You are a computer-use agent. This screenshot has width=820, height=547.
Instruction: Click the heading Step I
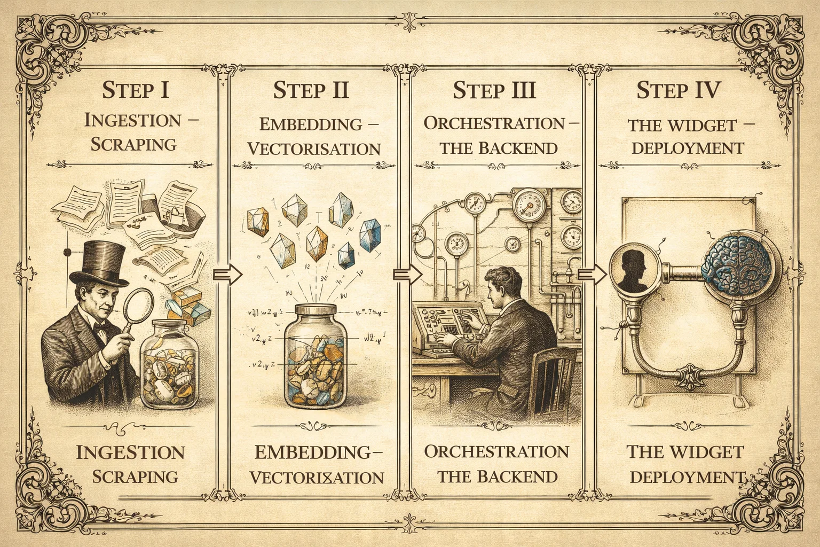click(136, 90)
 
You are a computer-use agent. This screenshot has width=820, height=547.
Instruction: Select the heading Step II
click(311, 90)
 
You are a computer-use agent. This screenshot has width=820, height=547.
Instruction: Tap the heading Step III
click(494, 90)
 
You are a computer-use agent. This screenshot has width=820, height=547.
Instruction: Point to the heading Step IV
click(679, 90)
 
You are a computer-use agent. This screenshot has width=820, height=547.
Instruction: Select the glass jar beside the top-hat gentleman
click(169, 364)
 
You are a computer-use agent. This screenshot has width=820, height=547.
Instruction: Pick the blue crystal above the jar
click(370, 235)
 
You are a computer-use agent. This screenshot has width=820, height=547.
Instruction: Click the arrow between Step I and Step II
click(228, 274)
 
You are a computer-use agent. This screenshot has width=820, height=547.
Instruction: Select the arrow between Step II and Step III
click(407, 274)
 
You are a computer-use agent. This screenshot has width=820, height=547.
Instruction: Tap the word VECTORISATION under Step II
click(314, 149)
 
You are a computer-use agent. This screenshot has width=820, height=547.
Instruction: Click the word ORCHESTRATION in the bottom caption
click(497, 452)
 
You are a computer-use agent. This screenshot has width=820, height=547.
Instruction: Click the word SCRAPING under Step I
click(133, 144)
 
